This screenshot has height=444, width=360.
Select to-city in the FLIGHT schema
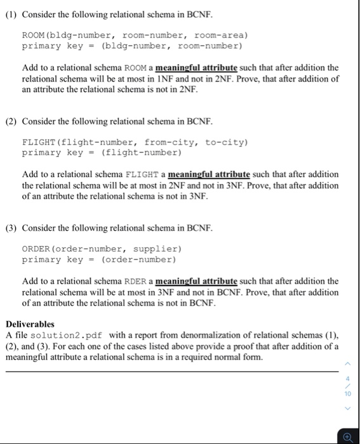[225, 142]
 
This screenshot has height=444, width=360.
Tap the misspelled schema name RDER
[136, 281]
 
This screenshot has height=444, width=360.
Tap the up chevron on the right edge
[348, 363]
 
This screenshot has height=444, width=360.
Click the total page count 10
[348, 393]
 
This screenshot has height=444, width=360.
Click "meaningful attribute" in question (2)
[205, 174]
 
